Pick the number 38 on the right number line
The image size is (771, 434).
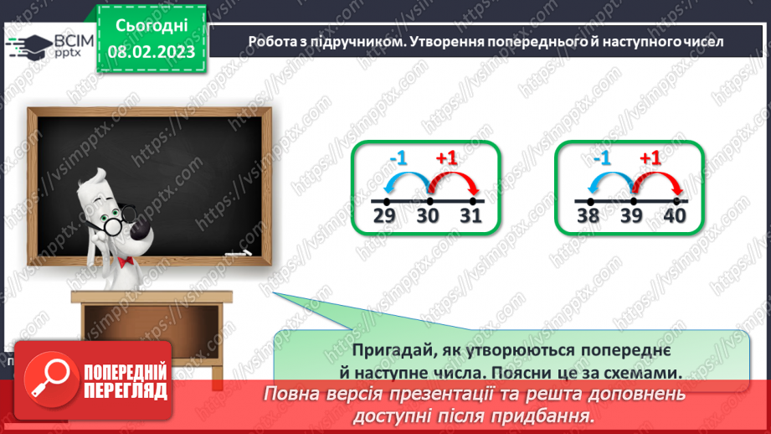pyautogui.click(x=589, y=217)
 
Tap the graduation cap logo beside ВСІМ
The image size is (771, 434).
pyautogui.click(x=27, y=44)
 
